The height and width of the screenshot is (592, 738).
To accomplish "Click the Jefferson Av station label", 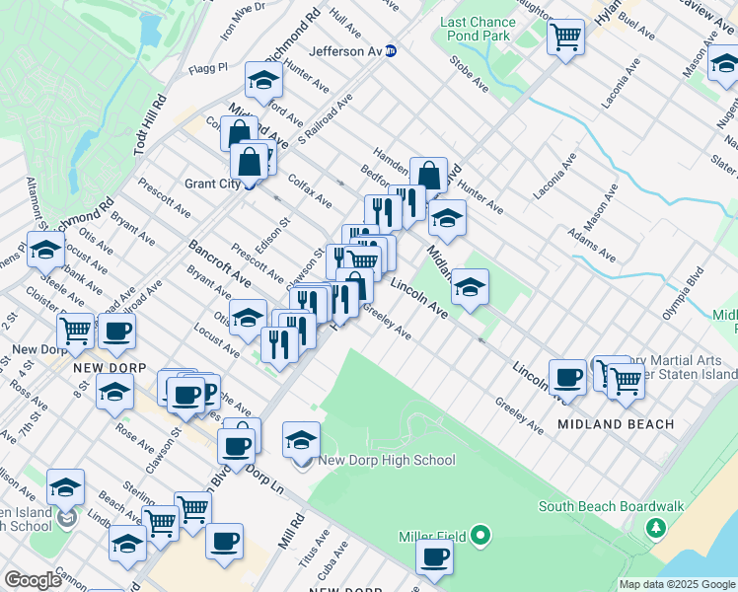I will coord(345,51).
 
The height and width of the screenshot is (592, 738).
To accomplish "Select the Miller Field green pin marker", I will coord(480,536).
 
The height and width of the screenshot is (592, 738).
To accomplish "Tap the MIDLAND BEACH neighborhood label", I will coord(616,424).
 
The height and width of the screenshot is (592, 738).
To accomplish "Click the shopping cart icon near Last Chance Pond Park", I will coord(566,37).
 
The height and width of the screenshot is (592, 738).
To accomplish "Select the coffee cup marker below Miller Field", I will coord(433,557).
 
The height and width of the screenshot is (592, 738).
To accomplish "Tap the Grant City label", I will coord(213,184).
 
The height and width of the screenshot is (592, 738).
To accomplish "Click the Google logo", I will coord(33,580).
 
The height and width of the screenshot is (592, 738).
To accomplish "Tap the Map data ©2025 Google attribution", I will coord(677,584).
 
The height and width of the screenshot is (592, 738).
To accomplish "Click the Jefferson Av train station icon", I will coord(392,51).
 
